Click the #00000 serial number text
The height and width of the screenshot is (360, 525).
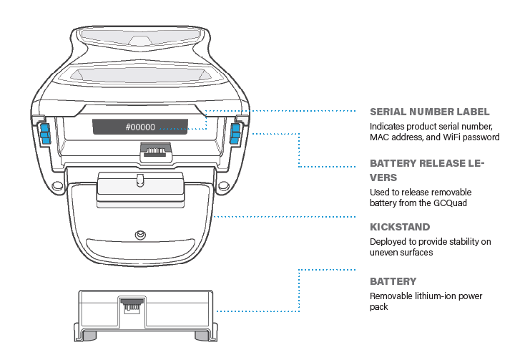(x=139, y=127)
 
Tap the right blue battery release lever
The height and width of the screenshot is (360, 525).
(x=235, y=133)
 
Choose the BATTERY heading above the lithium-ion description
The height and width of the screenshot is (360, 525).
(x=393, y=281)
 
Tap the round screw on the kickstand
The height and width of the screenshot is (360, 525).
(x=140, y=235)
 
